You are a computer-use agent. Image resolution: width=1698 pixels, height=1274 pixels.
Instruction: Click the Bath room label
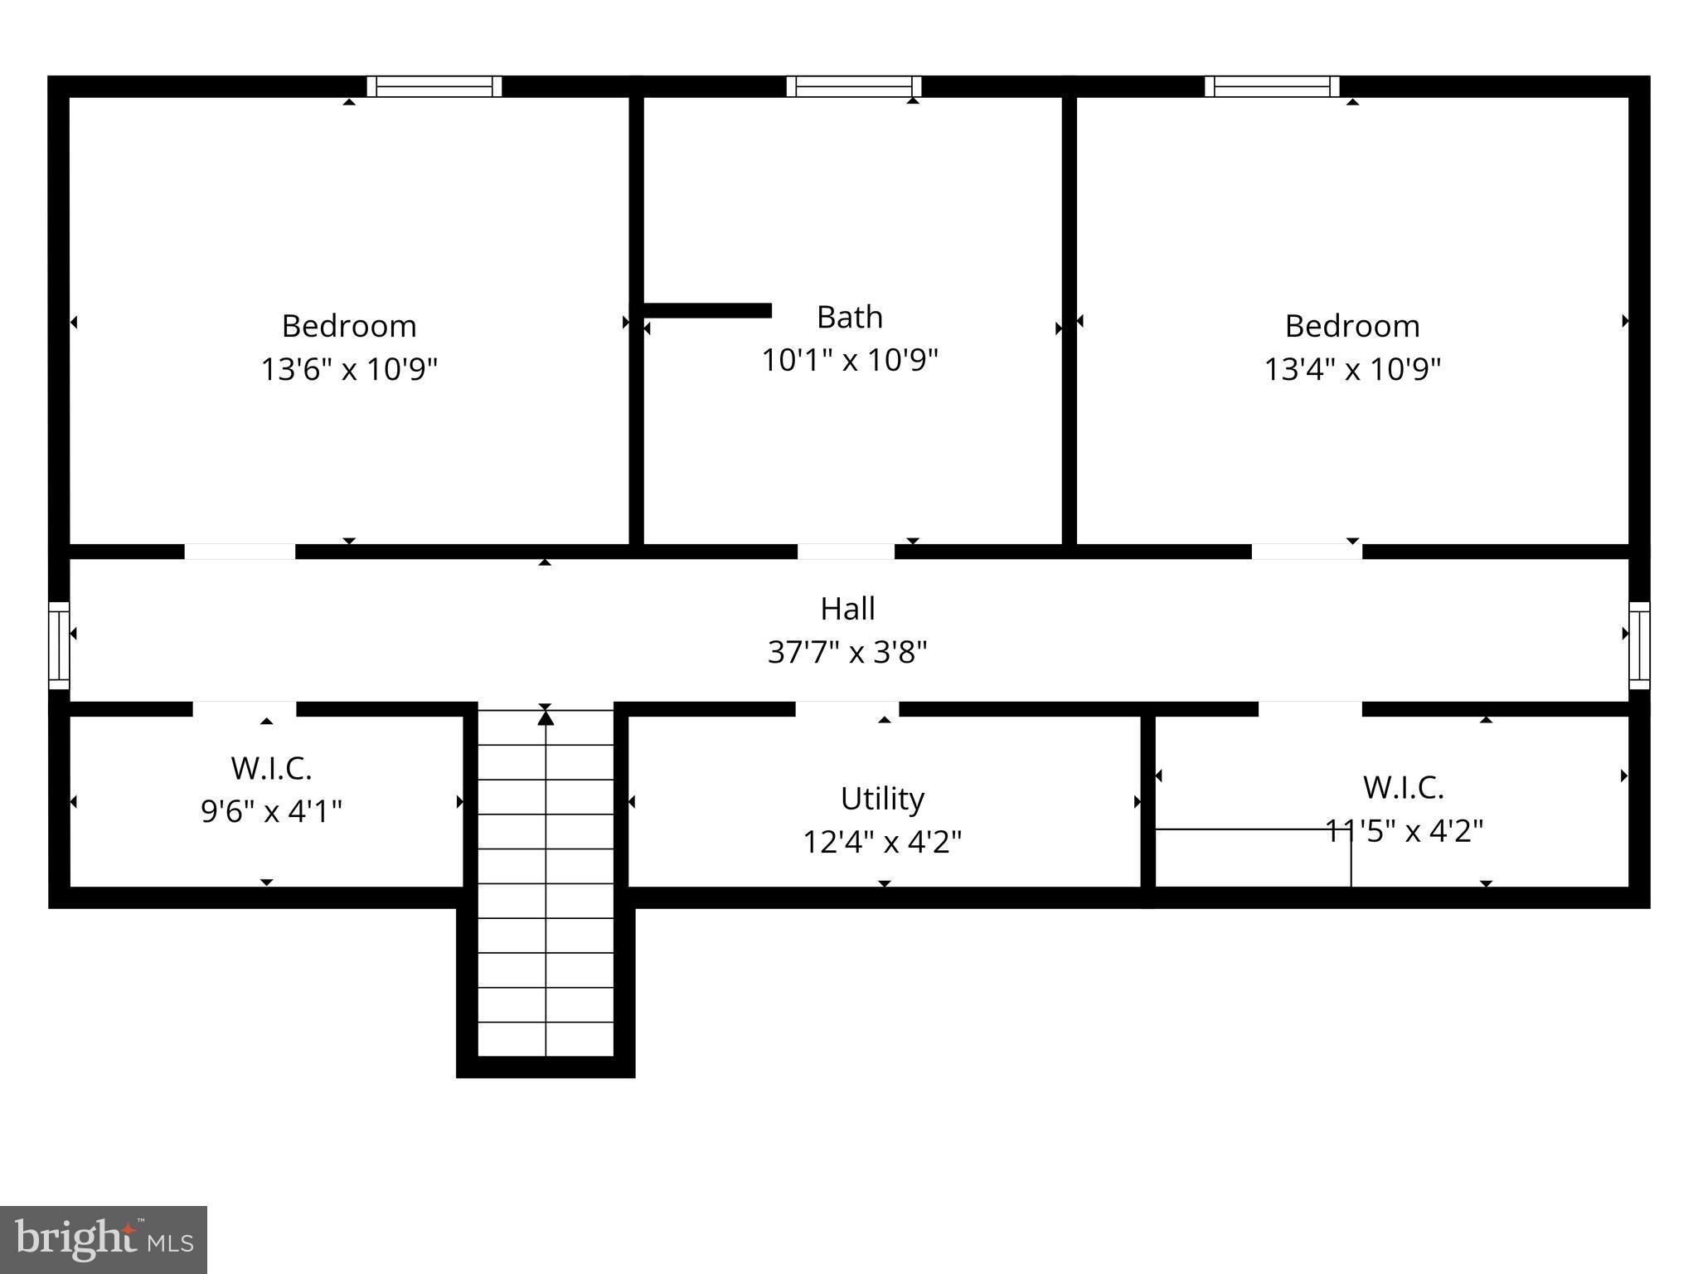click(849, 317)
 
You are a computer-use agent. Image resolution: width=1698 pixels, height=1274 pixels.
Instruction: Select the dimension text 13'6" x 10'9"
click(349, 368)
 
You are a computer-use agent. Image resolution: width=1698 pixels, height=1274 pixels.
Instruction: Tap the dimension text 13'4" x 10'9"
click(1351, 368)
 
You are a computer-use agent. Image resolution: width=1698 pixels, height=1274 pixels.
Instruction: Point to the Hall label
click(847, 609)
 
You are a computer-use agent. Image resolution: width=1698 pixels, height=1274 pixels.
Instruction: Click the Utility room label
click(882, 799)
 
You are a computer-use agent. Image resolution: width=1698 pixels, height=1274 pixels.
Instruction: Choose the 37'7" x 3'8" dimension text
click(847, 652)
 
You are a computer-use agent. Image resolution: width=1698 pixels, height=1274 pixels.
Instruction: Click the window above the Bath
click(853, 86)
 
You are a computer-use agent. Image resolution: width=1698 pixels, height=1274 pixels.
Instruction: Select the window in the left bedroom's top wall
click(434, 86)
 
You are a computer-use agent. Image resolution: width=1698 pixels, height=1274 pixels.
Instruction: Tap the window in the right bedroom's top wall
click(1272, 86)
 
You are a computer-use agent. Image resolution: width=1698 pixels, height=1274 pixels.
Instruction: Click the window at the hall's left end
click(59, 645)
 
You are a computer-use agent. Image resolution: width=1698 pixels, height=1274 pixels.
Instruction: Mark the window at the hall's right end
click(1639, 645)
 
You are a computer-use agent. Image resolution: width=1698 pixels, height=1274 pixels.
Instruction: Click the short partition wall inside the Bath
click(707, 310)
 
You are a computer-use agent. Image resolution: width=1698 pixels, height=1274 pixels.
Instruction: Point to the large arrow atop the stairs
click(546, 717)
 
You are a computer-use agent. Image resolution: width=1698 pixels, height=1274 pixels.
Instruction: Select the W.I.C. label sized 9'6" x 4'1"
click(271, 768)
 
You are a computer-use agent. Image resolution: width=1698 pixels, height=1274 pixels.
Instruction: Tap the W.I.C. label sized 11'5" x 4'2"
click(1403, 787)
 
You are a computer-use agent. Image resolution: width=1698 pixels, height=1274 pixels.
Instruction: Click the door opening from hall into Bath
click(846, 552)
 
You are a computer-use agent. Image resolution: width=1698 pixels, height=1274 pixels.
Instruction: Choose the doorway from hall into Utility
click(847, 709)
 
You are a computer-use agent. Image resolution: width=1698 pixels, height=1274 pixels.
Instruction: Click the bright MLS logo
click(104, 1239)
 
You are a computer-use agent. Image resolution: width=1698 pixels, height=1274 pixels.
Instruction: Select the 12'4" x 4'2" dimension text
click(882, 842)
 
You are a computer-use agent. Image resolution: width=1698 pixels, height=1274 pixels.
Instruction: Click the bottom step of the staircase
click(546, 1039)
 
